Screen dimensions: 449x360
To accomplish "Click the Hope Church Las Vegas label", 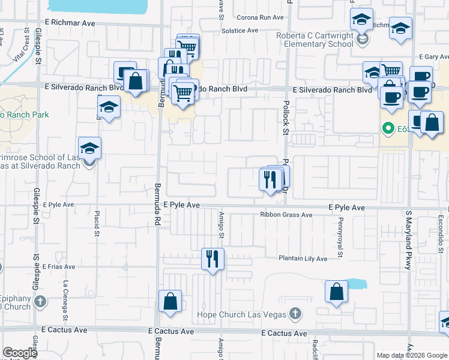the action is (242, 314).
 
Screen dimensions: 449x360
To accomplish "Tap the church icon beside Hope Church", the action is (295, 313).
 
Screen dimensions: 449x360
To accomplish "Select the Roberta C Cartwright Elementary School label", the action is (315, 40).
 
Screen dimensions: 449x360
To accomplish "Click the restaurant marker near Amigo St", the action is (212, 259).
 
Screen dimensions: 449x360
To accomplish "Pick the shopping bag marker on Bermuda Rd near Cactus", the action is (170, 301).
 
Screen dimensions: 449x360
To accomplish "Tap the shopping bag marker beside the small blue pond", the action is (337, 292).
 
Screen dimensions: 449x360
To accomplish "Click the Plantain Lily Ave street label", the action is (303, 259).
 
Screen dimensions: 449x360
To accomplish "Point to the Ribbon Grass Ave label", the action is (286, 215).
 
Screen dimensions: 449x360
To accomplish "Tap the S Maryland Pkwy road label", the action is (408, 240).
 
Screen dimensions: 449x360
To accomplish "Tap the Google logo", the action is (20, 353).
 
